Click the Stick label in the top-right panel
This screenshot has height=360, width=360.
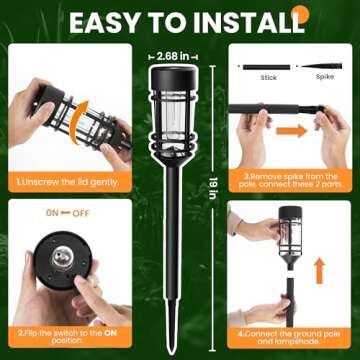(268, 76)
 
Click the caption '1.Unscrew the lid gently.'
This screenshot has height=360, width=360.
(65, 181)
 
